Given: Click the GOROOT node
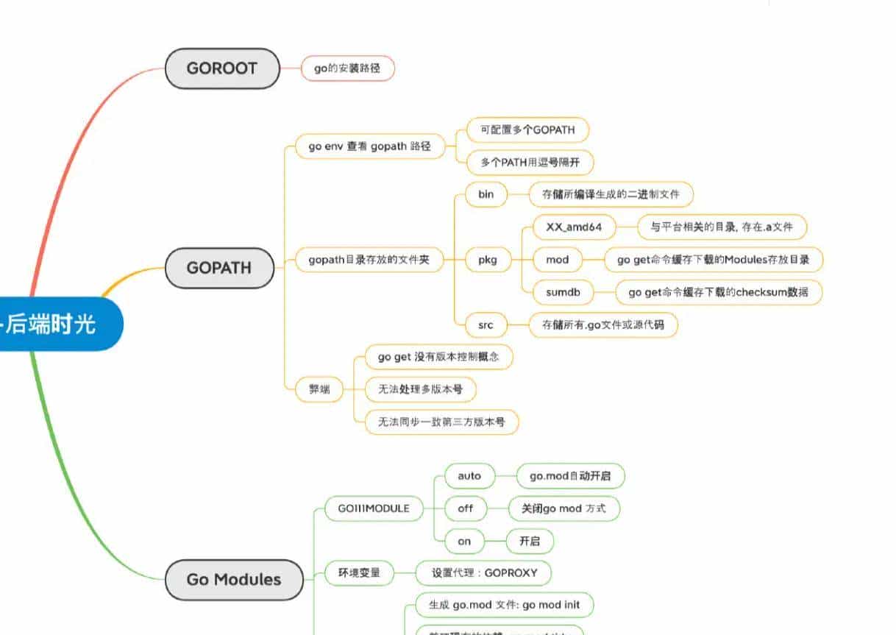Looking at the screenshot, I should coord(222,68).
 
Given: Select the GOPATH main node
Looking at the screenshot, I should coord(218,268).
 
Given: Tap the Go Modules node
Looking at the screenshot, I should coord(233,579).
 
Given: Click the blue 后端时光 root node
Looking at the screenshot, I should coord(51,324).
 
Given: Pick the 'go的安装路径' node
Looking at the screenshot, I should coord(348,68).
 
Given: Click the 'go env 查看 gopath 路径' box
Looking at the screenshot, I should coord(370,146).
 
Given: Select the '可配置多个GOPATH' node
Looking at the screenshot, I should coord(528,130).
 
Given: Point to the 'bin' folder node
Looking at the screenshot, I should coord(486,194).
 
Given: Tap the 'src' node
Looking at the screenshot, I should coord(486,324).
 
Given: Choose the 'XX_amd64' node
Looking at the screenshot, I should coord(574,227).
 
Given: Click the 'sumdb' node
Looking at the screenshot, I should coord(563,292).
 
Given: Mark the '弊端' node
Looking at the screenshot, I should coord(319,389).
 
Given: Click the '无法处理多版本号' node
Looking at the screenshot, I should coord(420,389).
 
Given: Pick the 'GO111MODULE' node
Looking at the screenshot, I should coord(374,508).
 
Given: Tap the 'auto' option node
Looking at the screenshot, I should coord(469,476).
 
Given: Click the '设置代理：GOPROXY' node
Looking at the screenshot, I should coord(483,572).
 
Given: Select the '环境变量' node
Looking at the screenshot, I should coord(359,572).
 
